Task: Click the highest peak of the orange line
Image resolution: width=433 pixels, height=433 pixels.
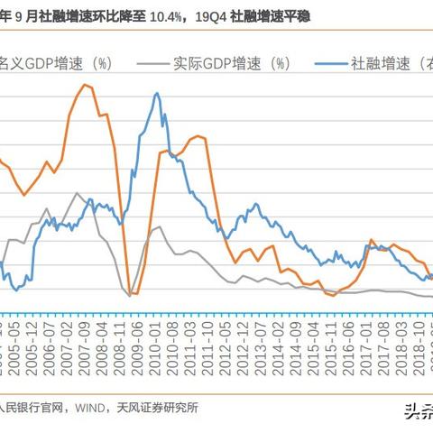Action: pos(86,85)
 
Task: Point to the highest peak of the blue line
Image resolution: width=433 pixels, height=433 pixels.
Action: pos(157,92)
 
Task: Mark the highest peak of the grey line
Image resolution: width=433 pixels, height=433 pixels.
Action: pos(78,193)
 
